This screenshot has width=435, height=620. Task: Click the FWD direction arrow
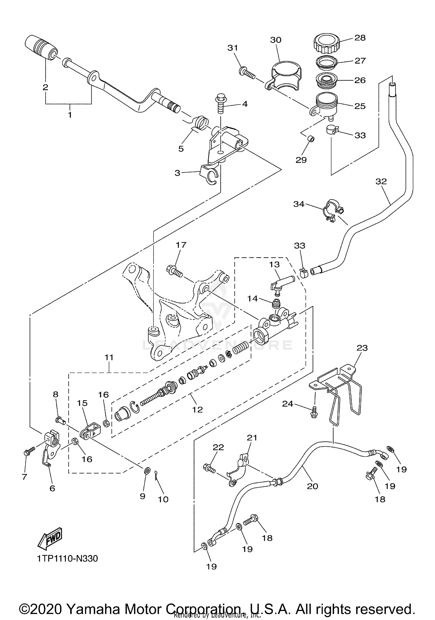[x=50, y=537]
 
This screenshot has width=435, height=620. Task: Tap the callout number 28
[x=360, y=38]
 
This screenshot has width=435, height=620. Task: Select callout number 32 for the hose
[x=381, y=181]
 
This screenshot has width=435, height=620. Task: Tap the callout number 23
[x=362, y=348]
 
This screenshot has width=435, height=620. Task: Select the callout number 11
[x=109, y=357]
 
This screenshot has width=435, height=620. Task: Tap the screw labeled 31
[x=247, y=73]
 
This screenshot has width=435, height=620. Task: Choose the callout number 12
[x=197, y=409]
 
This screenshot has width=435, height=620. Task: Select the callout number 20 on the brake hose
[x=312, y=486]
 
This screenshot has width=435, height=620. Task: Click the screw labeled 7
[x=29, y=451]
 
